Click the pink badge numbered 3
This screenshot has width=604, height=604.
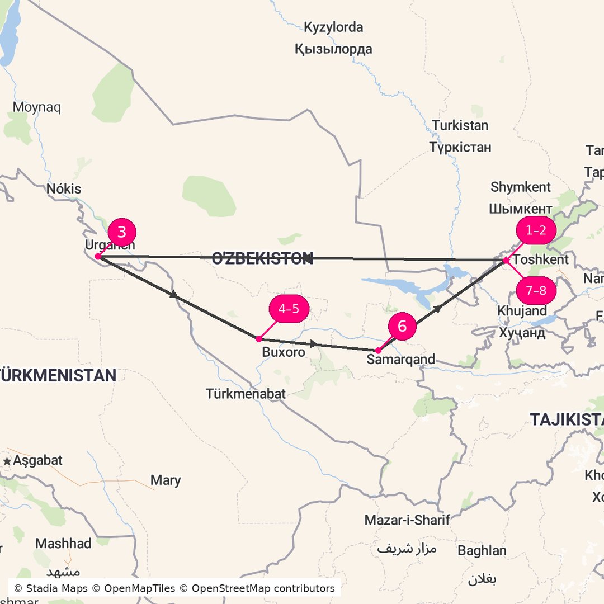(x=121, y=232)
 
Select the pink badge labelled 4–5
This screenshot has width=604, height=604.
(x=289, y=309)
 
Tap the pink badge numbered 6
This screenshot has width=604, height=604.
(x=402, y=326)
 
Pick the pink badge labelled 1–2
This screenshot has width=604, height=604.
(x=535, y=230)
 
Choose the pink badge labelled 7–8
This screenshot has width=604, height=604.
(x=535, y=291)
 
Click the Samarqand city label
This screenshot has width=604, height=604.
(x=400, y=360)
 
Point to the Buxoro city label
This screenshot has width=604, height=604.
(x=284, y=352)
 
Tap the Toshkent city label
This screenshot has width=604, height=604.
(x=540, y=259)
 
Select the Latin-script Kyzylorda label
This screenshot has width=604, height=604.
(x=333, y=27)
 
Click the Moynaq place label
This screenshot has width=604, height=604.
(x=37, y=107)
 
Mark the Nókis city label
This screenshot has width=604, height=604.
(x=64, y=189)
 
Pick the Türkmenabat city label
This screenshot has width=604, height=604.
(x=246, y=394)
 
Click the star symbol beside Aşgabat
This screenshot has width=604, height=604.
(x=7, y=461)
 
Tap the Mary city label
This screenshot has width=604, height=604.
(x=166, y=480)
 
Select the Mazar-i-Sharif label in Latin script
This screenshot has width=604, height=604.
(x=407, y=521)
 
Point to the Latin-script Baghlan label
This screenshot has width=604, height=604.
(x=482, y=551)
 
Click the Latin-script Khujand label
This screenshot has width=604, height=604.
(x=522, y=311)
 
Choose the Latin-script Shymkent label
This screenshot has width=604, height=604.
(x=521, y=187)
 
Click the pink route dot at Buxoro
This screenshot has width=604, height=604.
(x=258, y=339)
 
